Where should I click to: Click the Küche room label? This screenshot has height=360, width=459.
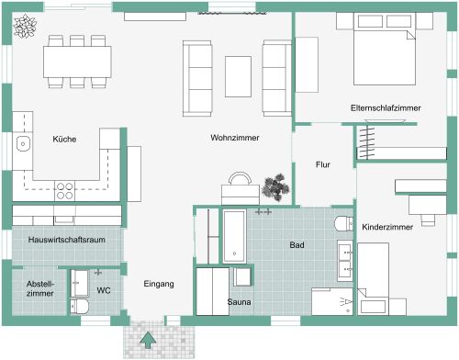[x=64, y=139]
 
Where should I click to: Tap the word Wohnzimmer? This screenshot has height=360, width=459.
[x=234, y=138]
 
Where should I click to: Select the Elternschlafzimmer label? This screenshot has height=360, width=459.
[x=386, y=108]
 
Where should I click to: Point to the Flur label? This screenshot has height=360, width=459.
[x=322, y=164]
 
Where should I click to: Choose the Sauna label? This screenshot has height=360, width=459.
[x=241, y=302]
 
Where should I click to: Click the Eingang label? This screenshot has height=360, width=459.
[x=159, y=285]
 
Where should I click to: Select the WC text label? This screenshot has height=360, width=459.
[x=104, y=290]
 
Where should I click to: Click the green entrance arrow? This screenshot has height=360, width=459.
[x=146, y=341]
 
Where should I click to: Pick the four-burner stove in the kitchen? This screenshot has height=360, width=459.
[x=65, y=191]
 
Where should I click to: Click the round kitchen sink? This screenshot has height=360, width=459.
[x=22, y=143]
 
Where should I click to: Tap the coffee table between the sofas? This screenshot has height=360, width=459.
[x=239, y=73]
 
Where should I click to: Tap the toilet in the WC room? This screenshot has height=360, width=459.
[x=80, y=305]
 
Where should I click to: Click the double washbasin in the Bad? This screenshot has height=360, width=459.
[x=345, y=262]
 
